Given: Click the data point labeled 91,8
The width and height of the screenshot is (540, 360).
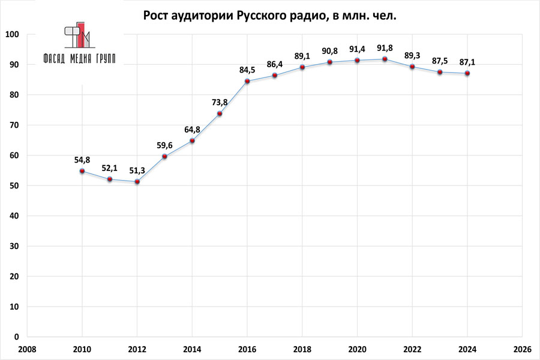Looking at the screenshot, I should (x=385, y=59).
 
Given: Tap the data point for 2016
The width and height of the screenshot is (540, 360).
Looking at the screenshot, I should (x=247, y=81).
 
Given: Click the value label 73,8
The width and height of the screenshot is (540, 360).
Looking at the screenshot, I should (x=220, y=102).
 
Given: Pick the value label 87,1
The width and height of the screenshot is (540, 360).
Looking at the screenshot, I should (x=467, y=62).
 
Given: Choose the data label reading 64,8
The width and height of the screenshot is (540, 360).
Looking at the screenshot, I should (x=192, y=129).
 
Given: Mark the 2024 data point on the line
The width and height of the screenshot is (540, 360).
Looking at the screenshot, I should (x=467, y=73).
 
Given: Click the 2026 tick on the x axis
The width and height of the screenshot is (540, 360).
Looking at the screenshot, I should (x=522, y=349).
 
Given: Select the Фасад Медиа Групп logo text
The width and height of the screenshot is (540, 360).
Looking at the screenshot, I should (x=79, y=58).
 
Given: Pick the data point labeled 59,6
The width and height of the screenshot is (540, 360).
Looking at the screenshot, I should (x=165, y=157).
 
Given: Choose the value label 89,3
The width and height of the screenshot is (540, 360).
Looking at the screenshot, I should (x=412, y=55).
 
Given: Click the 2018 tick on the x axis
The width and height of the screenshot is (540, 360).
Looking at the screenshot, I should (x=302, y=349).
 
